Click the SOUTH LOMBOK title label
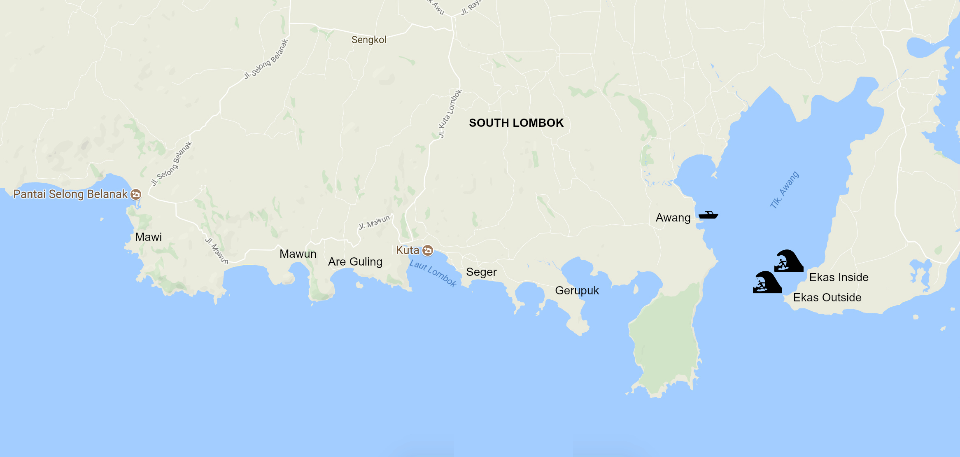tap(516, 123)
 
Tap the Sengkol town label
tap(369, 40)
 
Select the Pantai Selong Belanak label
tap(70, 194)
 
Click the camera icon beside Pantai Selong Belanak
tap(136, 194)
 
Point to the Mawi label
tap(148, 237)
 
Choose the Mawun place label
tap(298, 254)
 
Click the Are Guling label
tap(355, 261)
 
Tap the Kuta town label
tap(407, 250)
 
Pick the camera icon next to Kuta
tap(428, 250)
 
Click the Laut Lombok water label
tap(433, 273)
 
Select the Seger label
tap(481, 272)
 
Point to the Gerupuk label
tap(577, 290)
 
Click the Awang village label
tap(673, 217)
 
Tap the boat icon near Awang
tap(708, 215)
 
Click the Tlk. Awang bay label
tap(785, 190)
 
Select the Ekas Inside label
tap(839, 277)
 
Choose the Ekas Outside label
tap(827, 297)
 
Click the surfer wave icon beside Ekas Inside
tap(788, 261)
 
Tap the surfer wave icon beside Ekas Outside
tap(767, 282)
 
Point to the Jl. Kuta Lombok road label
tap(450, 114)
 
